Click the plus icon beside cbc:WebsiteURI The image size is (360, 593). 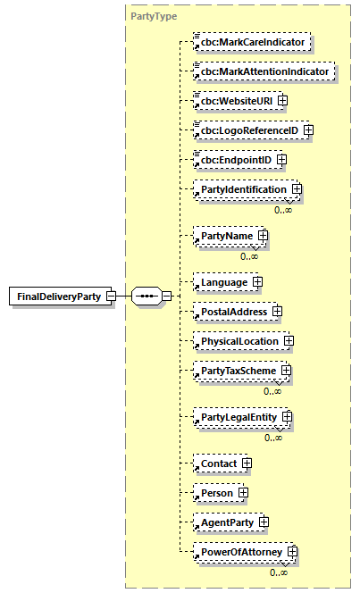(x=283, y=100)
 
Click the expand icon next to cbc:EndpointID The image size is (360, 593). (x=281, y=160)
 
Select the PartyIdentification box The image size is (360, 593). (x=244, y=189)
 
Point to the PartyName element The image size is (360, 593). (x=226, y=237)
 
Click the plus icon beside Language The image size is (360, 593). (x=257, y=282)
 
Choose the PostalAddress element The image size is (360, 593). (x=231, y=312)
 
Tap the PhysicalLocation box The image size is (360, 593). (x=238, y=341)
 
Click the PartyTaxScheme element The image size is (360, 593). (x=239, y=371)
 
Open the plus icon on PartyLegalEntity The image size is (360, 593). (x=288, y=417)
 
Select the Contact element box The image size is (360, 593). (x=218, y=464)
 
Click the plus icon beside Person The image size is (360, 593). (x=242, y=493)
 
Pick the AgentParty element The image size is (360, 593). (x=227, y=522)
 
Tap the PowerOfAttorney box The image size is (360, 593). (x=240, y=553)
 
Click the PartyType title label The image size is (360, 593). (x=154, y=16)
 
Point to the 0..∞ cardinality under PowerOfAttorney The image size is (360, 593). (x=278, y=572)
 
